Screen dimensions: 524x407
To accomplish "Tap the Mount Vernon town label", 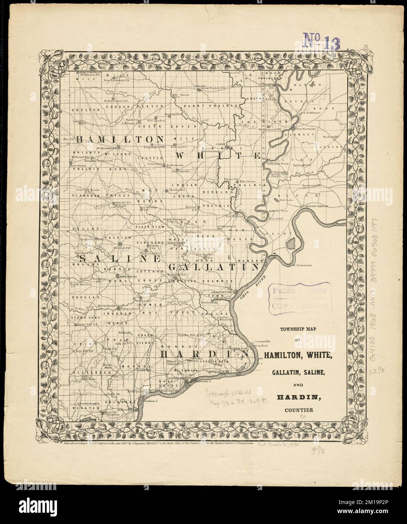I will [315, 206].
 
